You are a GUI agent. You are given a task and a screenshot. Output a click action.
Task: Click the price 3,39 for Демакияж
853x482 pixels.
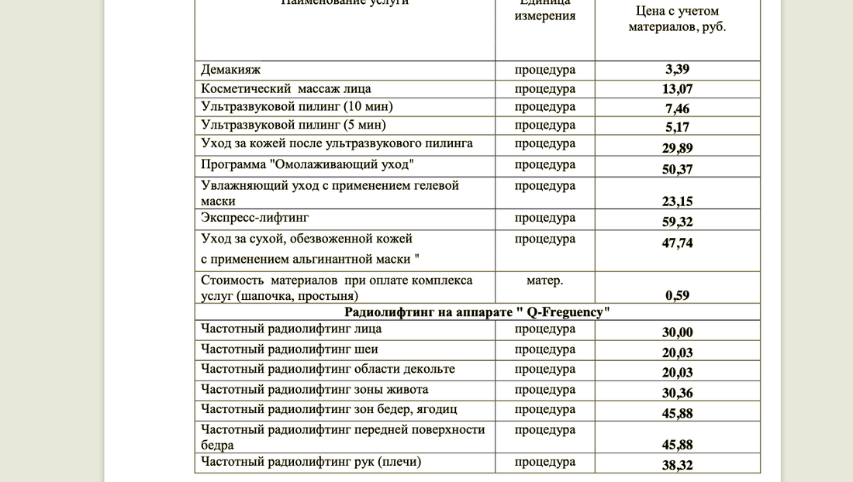pos(677,71)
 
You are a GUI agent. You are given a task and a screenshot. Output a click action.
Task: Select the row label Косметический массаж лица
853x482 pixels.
pos(285,88)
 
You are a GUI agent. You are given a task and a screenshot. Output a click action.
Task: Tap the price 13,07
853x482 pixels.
pos(677,89)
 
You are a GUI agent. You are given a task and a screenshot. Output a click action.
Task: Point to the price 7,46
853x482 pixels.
pos(677,108)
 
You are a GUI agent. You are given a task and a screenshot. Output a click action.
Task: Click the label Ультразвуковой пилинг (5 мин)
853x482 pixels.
pos(293,125)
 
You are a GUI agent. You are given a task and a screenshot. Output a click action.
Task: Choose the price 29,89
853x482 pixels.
pos(677,148)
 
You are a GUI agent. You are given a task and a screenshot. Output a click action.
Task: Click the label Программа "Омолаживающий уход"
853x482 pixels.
pos(307,164)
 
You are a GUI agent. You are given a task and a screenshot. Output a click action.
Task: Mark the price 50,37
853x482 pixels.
pos(677,169)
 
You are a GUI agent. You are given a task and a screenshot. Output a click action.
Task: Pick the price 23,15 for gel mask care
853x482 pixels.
pos(677,201)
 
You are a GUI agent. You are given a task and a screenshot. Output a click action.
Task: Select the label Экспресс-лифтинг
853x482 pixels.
pos(254,218)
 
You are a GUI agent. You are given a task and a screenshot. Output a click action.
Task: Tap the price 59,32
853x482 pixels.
pos(677,222)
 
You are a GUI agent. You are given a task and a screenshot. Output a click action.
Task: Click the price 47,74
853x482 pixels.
pos(677,243)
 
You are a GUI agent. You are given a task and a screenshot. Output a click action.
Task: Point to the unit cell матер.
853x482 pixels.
pos(544,281)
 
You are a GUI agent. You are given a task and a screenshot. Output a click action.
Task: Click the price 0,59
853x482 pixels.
pos(677,295)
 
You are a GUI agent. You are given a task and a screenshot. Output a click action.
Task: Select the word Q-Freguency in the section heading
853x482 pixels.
pos(564,312)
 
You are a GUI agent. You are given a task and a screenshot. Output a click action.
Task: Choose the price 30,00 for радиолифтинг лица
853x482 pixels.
pos(677,333)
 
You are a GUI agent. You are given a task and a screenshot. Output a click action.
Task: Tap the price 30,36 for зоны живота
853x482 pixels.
pos(677,393)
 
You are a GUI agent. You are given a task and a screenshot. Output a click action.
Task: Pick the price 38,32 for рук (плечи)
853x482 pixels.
pos(677,466)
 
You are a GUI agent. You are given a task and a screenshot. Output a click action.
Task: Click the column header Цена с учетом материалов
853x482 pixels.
pos(677,19)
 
